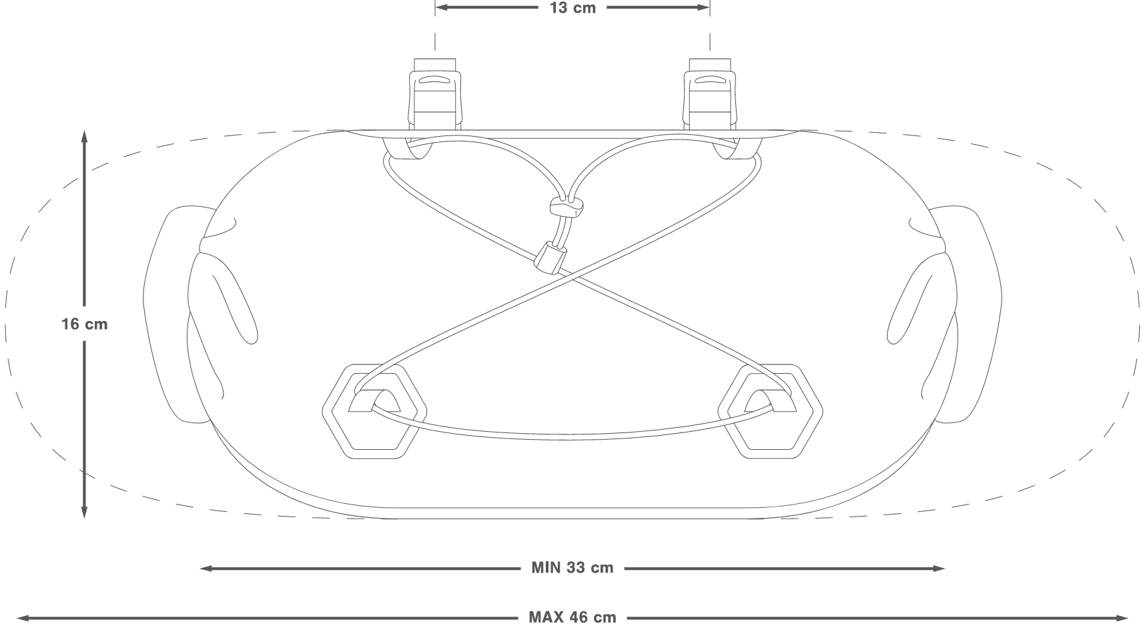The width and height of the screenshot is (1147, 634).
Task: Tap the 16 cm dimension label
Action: point(84,324)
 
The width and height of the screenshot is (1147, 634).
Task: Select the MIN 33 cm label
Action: point(572,568)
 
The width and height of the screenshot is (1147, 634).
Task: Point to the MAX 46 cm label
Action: point(572,617)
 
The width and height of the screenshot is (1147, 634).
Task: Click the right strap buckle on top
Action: point(710,93)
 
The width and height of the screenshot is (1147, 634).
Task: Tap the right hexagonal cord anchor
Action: point(771,411)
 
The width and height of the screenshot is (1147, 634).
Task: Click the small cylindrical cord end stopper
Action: point(550,258)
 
